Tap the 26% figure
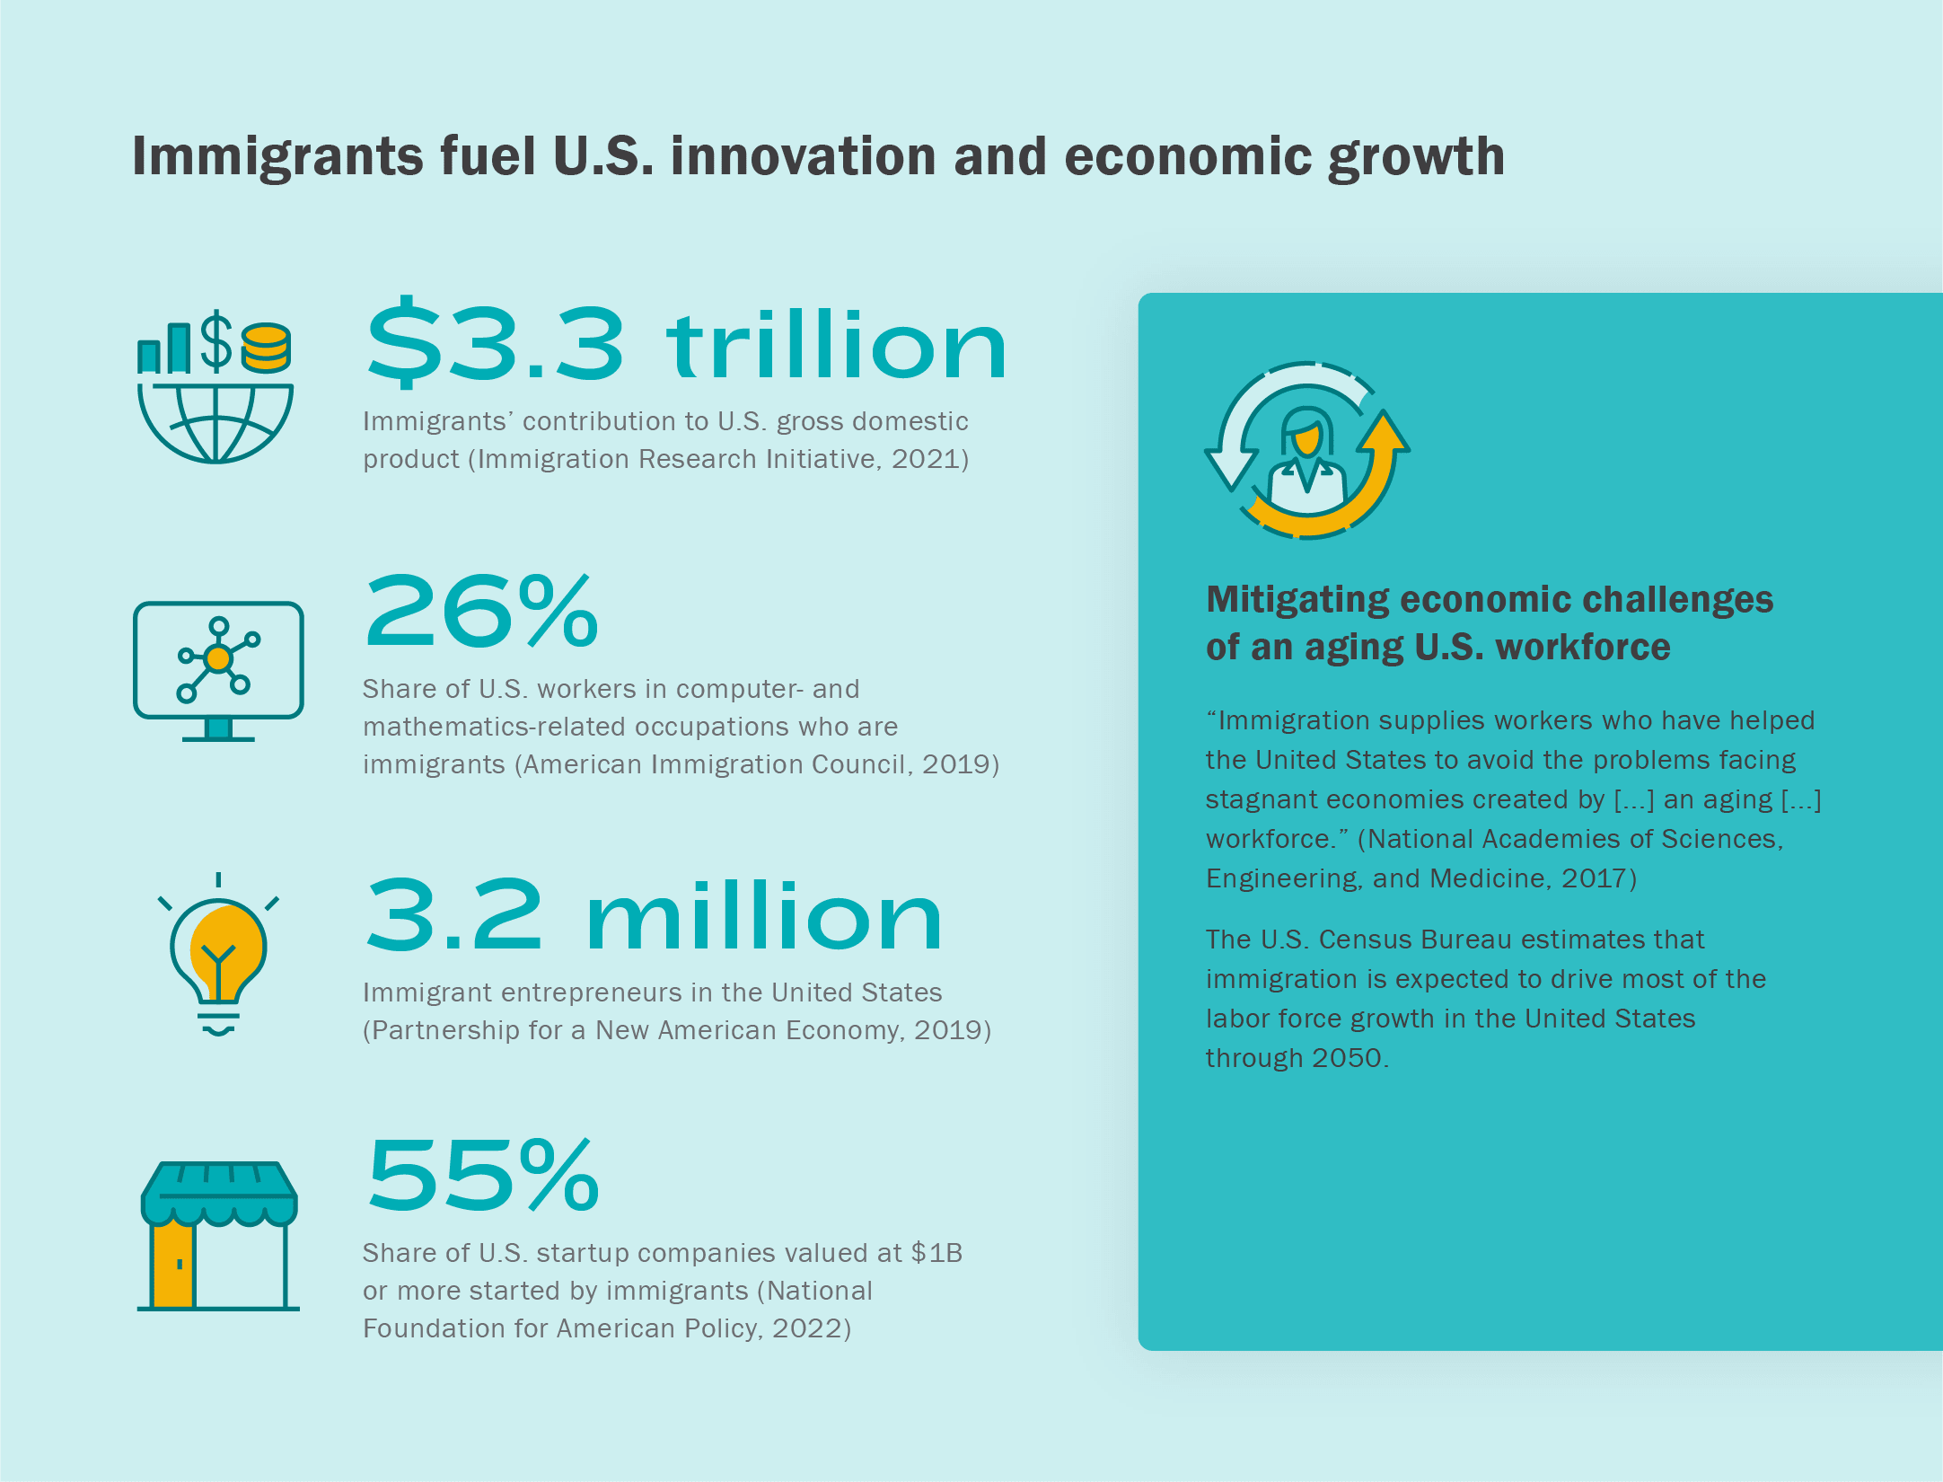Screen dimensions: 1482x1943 481,613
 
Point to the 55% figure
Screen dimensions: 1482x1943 483,1176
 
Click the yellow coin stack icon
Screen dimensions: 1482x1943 266,348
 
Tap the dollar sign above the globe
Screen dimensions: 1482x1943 215,340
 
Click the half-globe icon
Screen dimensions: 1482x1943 215,422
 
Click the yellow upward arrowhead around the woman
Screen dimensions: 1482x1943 1383,433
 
